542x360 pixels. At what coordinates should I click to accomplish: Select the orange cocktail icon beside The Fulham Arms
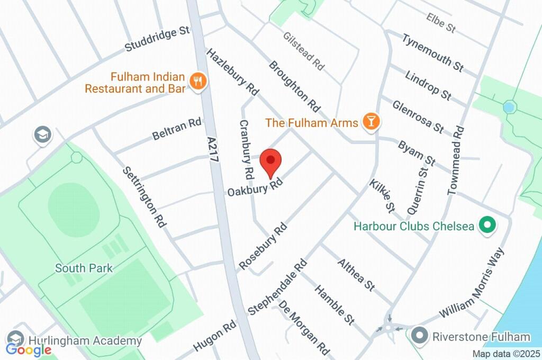(371, 122)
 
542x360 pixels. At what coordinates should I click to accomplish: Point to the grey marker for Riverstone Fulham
(420, 336)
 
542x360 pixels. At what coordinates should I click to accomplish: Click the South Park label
(84, 268)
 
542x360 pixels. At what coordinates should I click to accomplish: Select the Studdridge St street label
(157, 40)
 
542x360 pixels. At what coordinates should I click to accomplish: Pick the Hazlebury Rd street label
(232, 73)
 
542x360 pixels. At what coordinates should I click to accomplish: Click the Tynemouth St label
(432, 53)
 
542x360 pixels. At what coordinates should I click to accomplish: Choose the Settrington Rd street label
(144, 196)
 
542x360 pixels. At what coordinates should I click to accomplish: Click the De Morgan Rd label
(304, 328)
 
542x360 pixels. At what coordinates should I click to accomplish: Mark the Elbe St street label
(441, 22)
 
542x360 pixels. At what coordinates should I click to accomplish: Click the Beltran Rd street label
(177, 129)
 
